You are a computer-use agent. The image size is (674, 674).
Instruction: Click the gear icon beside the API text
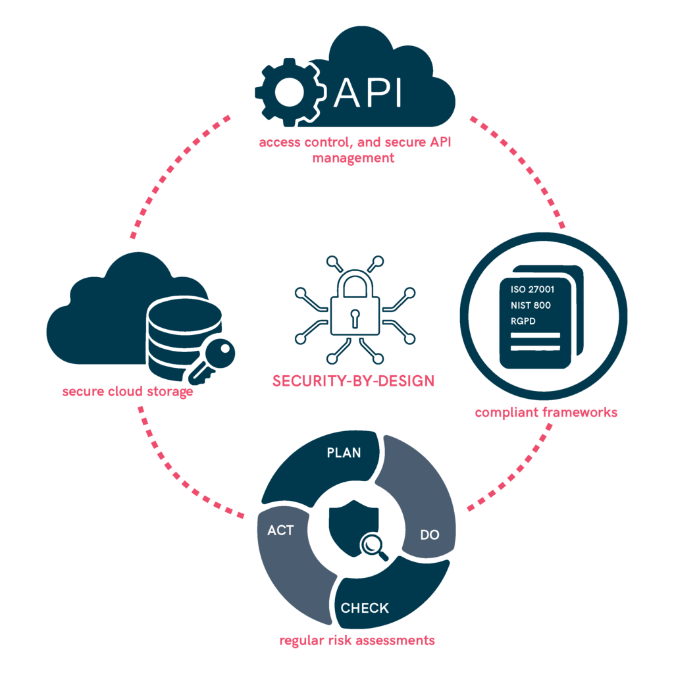[x=290, y=92]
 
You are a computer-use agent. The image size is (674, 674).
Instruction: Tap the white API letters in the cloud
[x=367, y=92]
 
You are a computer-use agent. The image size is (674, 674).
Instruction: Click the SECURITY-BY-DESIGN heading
[x=353, y=381]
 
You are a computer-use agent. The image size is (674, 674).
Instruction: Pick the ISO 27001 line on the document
[x=532, y=290]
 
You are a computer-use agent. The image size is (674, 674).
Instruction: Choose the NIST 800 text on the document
[x=531, y=305]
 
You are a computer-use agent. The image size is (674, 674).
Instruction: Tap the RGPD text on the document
[x=523, y=321]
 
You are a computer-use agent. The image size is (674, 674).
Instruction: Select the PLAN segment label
[x=344, y=453]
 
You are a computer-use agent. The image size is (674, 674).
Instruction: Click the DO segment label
[x=429, y=534]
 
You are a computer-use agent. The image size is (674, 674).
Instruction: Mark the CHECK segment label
[x=365, y=608]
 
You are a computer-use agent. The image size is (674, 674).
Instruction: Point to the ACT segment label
[x=280, y=531]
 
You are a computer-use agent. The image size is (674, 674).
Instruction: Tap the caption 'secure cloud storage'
[x=128, y=392]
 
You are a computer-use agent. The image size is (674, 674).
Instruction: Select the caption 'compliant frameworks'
[x=546, y=412]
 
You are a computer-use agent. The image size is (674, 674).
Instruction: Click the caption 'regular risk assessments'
[x=357, y=640]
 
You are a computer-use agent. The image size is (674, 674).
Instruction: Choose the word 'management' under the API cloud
[x=353, y=158]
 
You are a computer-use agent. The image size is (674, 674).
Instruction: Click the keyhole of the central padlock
[x=355, y=318]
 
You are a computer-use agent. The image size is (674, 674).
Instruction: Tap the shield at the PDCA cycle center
[x=353, y=528]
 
